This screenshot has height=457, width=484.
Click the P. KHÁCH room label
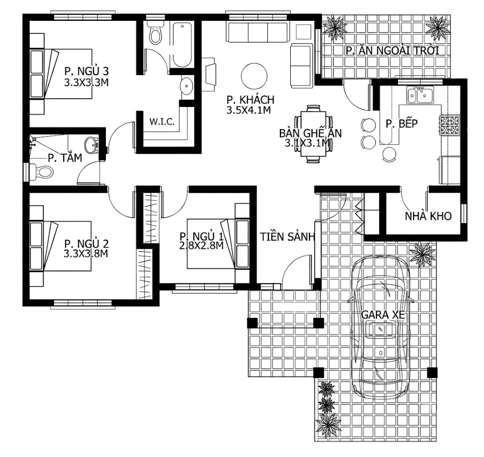(x=251, y=100)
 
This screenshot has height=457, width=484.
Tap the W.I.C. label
(x=162, y=122)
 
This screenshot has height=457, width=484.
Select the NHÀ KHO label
(x=428, y=216)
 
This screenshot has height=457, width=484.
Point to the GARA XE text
(x=383, y=315)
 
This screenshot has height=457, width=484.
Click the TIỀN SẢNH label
(x=287, y=237)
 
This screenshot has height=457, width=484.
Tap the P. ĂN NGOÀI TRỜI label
(x=392, y=50)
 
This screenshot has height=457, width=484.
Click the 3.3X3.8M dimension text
(x=86, y=254)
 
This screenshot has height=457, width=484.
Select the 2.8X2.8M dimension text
(x=201, y=246)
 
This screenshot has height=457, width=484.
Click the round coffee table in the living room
(x=254, y=76)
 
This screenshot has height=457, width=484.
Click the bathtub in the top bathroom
(x=182, y=44)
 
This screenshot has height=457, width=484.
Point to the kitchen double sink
(x=420, y=95)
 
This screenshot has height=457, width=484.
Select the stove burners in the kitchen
(x=450, y=125)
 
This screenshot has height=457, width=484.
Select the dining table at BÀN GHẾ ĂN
(x=314, y=134)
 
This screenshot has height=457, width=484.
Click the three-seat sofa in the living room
(x=258, y=32)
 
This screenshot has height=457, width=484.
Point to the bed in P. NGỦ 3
(x=61, y=73)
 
